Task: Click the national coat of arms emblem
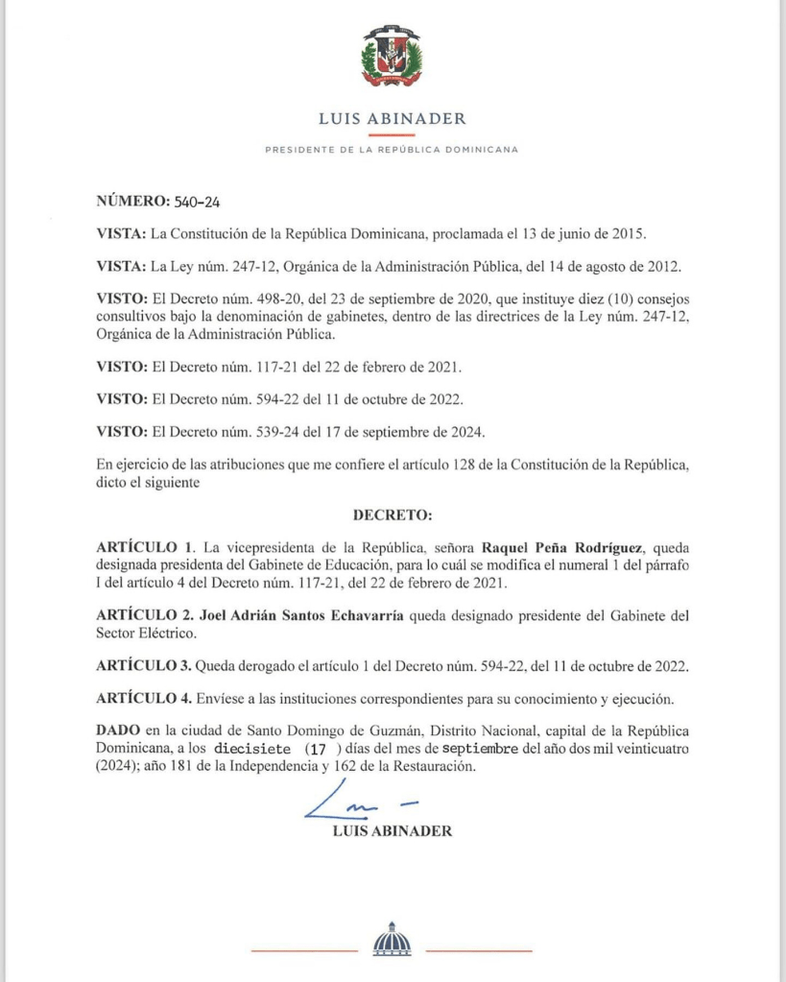coord(392,58)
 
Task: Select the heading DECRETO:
coord(393,515)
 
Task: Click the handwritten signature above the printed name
coord(360,802)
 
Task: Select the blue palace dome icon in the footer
coord(392,938)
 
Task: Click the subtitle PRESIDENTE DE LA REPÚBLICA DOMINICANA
coord(392,150)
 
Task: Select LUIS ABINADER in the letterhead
coord(392,119)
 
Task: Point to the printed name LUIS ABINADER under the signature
coord(392,831)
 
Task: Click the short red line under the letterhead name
coord(392,136)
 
